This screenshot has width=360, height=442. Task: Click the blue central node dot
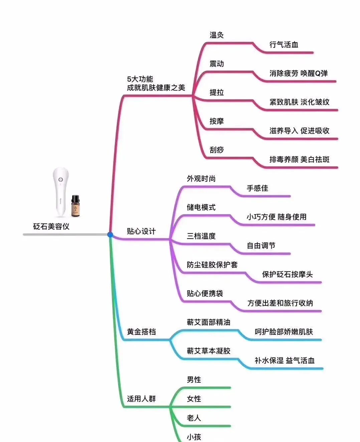point(110,235)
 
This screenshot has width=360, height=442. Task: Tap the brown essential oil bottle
point(75,206)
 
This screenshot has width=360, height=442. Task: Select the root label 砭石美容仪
point(51,227)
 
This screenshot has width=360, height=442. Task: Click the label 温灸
point(216,35)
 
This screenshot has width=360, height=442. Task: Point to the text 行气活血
point(284,45)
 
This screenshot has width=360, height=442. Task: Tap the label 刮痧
point(216,150)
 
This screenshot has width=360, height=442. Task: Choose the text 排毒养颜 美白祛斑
point(299,160)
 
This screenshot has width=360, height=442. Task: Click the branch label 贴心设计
point(141,232)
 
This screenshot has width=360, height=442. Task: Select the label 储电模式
point(201,207)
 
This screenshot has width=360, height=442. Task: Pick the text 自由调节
point(261,246)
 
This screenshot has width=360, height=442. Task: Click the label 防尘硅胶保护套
point(212,265)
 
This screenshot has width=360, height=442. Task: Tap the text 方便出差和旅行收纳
point(280,303)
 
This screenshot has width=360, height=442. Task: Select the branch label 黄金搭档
point(141,332)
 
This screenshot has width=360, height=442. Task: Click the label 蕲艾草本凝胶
point(208,351)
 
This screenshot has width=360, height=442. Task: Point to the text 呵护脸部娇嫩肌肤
point(284,332)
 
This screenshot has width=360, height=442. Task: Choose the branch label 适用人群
point(141,399)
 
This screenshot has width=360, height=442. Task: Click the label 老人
point(194,418)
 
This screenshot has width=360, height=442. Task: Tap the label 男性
point(194,380)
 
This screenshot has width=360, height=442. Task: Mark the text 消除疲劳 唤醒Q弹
point(298,73)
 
